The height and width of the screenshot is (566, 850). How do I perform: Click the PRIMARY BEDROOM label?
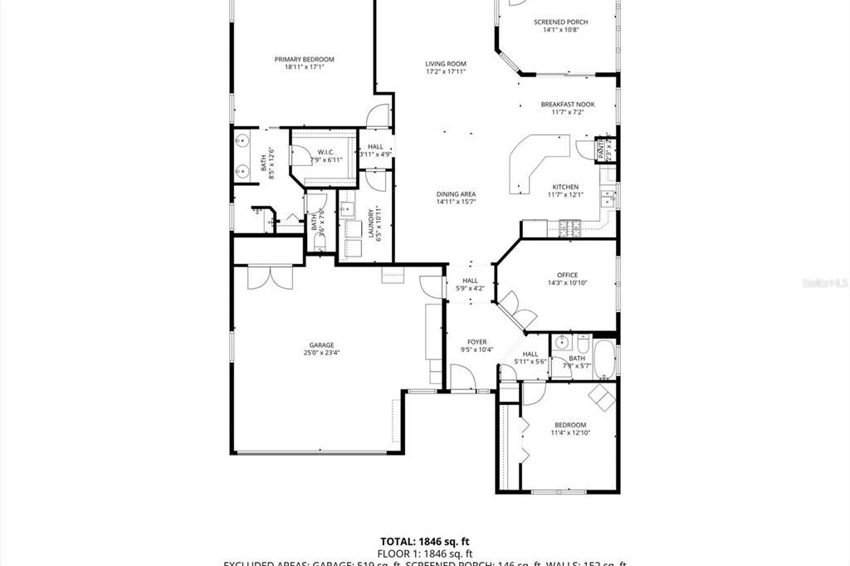coord(305,59)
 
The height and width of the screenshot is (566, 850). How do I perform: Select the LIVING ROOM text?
coord(446,64)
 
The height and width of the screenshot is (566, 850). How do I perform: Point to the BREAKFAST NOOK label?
coord(568,105)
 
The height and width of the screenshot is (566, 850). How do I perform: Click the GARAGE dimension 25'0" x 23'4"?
coord(321,353)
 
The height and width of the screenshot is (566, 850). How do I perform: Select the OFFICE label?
coord(568,275)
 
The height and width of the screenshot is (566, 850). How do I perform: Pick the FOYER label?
coord(476,342)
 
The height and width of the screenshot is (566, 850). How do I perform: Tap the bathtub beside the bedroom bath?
coord(603,358)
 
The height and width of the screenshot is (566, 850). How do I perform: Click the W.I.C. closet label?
coord(325,152)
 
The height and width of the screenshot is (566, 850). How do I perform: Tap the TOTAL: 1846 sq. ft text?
coord(427,541)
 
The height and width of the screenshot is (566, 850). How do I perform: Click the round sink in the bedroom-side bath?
coord(562,342)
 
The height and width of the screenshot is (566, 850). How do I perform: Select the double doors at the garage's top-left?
coord(271,276)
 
